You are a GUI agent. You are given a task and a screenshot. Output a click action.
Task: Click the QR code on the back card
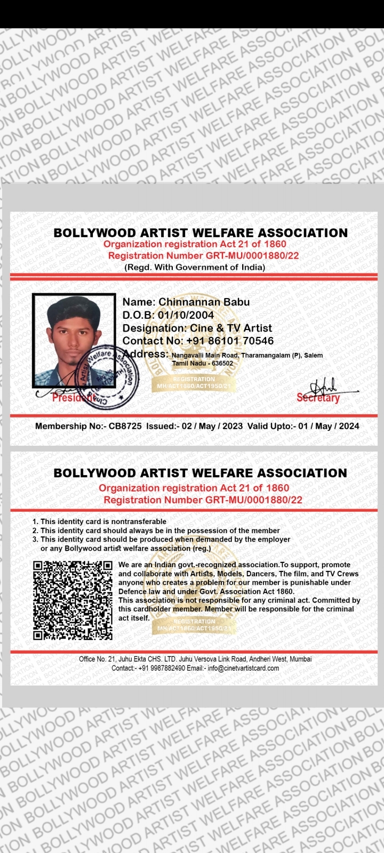point(73,600)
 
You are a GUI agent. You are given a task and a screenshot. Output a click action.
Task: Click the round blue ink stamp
point(106,376)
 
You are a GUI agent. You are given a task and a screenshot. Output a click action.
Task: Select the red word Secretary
point(318,398)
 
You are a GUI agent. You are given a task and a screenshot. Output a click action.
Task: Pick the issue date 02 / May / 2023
point(212,426)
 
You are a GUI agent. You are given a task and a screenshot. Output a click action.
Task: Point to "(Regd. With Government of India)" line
point(195,267)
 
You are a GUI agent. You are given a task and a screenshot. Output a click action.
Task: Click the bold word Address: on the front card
point(146,353)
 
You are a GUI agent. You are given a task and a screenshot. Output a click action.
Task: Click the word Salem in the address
point(313,355)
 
